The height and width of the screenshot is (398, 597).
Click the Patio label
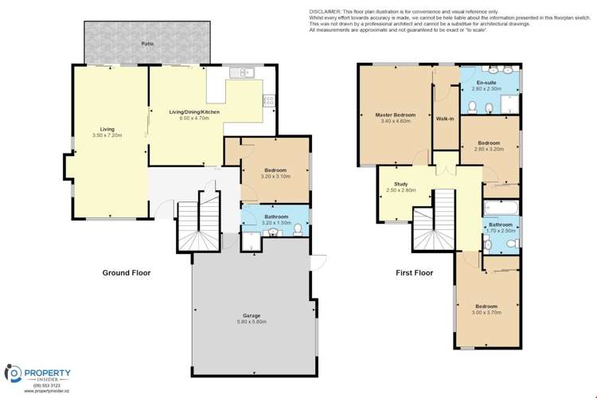tap(147, 44)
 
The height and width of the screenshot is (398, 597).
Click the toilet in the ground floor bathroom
tap(297, 230)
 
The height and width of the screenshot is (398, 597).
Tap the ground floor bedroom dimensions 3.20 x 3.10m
tap(275, 176)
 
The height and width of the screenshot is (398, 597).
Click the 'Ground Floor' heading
tap(126, 273)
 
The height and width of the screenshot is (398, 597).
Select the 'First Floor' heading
tap(414, 273)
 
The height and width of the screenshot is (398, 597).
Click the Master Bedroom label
tap(396, 115)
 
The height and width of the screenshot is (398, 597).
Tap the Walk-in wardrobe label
tap(445, 119)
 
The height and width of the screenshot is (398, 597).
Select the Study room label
tap(395, 185)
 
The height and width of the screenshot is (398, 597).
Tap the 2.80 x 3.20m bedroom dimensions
tap(490, 149)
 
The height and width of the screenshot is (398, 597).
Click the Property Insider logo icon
tap(14, 373)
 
